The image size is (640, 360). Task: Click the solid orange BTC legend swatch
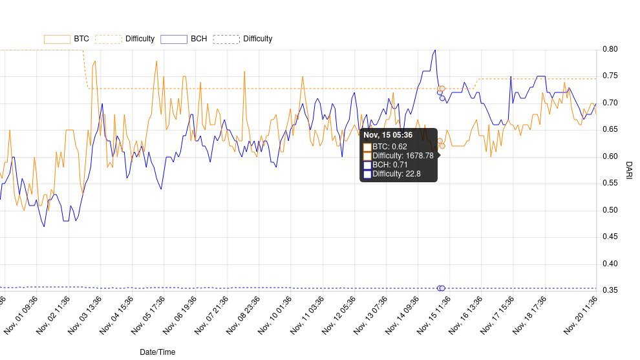[x=57, y=39]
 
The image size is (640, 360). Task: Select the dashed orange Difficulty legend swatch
[x=108, y=39]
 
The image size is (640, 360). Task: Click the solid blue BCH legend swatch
[x=173, y=39]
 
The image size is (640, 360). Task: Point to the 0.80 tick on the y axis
[x=610, y=49]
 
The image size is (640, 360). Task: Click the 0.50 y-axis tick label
[x=610, y=210]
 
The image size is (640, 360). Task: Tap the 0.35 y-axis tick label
[x=610, y=290]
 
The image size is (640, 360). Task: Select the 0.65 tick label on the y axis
[x=610, y=130]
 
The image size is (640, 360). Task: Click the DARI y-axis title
[x=629, y=170]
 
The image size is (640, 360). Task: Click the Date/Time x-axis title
[x=157, y=352]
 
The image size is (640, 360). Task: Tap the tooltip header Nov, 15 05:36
[x=388, y=135]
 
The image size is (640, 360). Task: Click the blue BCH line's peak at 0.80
[x=434, y=50]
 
